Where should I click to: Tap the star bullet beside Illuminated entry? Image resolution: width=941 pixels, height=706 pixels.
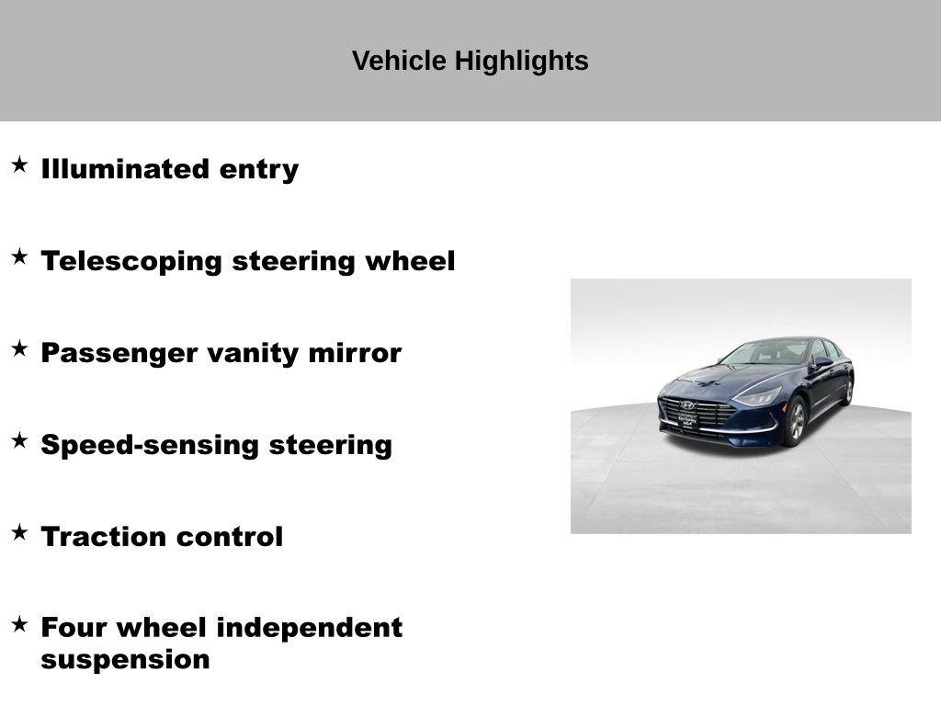(19, 165)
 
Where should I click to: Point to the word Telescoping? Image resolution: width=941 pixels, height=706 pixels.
(131, 261)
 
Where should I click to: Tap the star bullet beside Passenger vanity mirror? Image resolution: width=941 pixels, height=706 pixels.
(19, 349)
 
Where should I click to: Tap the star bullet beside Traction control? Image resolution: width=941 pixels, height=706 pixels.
(19, 533)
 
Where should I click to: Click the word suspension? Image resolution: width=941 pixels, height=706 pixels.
(125, 660)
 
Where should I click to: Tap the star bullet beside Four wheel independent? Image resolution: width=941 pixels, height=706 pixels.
(19, 625)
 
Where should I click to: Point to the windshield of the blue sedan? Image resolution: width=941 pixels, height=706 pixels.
(765, 352)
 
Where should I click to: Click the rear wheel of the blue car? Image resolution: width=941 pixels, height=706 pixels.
(847, 390)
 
